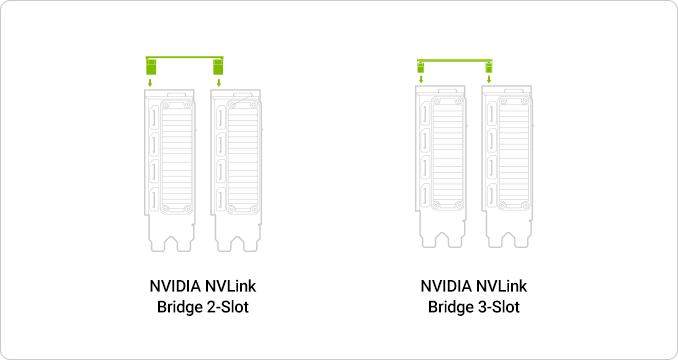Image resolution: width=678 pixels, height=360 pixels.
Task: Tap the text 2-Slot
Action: [x=228, y=307]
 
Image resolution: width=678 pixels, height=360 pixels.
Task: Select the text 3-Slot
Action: [x=499, y=307]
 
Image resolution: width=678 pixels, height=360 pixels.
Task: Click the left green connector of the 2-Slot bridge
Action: [x=151, y=67]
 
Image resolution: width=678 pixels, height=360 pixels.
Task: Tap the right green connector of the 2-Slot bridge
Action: [x=218, y=67]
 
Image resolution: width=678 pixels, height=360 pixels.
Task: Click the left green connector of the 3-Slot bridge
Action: [x=421, y=67]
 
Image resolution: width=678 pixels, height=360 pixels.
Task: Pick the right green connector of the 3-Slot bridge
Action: [x=489, y=67]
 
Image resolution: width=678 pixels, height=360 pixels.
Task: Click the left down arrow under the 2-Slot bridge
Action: [x=150, y=83]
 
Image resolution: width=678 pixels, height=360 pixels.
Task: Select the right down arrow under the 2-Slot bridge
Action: [x=218, y=83]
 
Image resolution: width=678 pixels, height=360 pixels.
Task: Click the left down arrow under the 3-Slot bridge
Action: [x=421, y=79]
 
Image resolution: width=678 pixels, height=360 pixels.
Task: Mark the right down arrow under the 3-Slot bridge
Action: [x=489, y=79]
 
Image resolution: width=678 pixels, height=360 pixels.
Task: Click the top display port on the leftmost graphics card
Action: [x=154, y=118]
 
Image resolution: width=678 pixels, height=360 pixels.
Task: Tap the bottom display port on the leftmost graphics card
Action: [x=154, y=199]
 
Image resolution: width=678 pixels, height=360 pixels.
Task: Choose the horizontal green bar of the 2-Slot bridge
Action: [x=185, y=57]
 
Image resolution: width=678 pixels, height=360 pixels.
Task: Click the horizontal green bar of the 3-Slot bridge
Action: [x=455, y=61]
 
